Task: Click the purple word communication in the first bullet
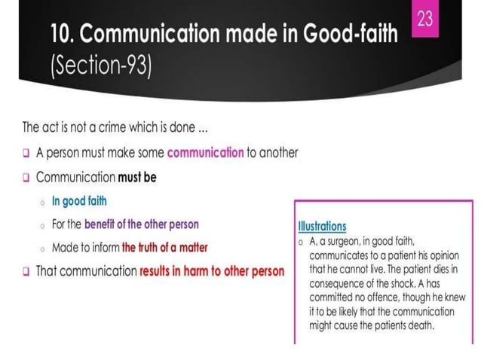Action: (x=205, y=152)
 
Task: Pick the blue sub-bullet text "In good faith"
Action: (x=79, y=201)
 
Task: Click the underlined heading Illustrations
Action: (x=322, y=226)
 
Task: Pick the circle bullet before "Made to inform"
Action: (x=43, y=248)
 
